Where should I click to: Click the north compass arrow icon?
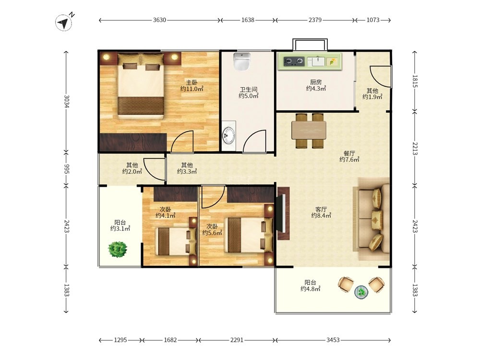[x=64, y=23]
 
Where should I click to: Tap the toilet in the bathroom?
[x=241, y=61]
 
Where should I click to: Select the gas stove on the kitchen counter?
[x=294, y=61]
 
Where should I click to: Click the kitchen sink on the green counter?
[x=316, y=61]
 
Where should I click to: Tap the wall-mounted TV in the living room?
[x=283, y=213]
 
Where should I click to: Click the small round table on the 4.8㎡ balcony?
[x=361, y=292]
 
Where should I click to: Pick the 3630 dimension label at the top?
[x=159, y=20]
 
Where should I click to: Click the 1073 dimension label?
[x=373, y=20]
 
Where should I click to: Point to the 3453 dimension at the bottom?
[x=333, y=340]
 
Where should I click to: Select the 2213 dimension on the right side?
[x=415, y=148]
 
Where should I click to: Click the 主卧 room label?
[x=192, y=83]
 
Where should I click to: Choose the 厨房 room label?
[x=316, y=82]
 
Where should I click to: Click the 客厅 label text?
[x=321, y=209]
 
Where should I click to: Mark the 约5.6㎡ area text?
[x=212, y=233]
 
